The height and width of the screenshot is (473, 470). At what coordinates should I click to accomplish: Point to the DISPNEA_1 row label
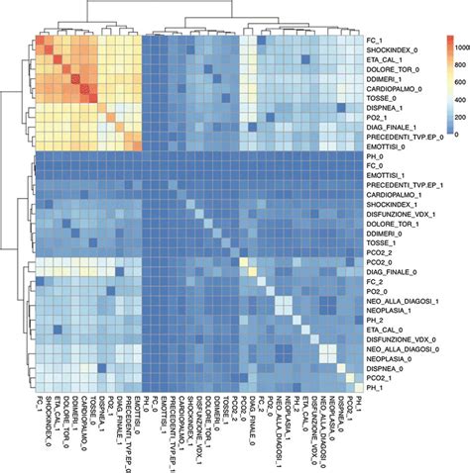(x=384, y=111)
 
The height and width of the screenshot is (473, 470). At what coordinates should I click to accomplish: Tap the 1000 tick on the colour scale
(x=437, y=47)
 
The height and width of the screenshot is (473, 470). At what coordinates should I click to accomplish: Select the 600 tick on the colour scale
(x=435, y=90)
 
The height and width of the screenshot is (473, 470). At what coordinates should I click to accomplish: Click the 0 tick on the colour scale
(x=429, y=156)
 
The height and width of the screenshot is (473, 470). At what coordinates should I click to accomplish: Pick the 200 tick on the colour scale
(x=435, y=135)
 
